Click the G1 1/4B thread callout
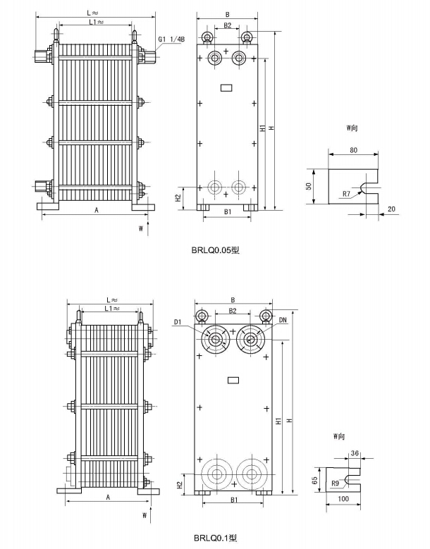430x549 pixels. click(171, 39)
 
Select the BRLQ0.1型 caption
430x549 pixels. click(215, 538)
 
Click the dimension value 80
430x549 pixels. click(354, 151)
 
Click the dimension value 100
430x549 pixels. click(344, 499)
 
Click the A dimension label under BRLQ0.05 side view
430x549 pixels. click(96, 210)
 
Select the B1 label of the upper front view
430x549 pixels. click(228, 211)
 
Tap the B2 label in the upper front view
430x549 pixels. click(227, 25)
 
